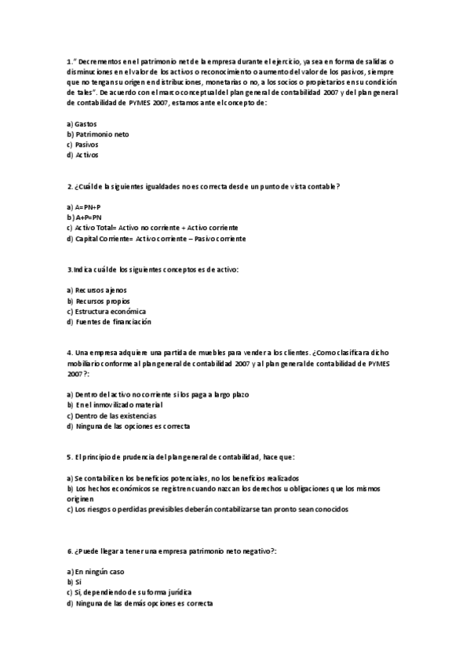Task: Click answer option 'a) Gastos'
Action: coord(82,123)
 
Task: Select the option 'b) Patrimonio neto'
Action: coord(98,134)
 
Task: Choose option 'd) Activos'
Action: coord(83,156)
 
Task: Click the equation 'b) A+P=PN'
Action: coord(85,217)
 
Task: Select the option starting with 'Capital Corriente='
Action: coord(156,238)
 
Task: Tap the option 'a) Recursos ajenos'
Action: coord(97,290)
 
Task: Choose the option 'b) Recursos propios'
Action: coord(99,301)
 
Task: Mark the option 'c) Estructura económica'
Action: coord(107,311)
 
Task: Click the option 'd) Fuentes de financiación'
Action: coord(109,322)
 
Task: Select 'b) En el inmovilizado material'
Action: coord(115,404)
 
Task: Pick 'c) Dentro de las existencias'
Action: coord(111,415)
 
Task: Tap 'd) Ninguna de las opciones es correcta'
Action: coord(129,426)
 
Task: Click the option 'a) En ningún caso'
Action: coord(96,571)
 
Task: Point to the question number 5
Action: coord(70,457)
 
